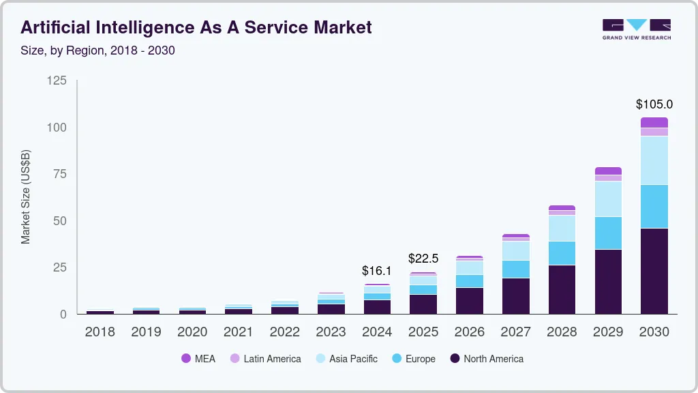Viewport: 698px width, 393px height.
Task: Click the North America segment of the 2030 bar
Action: point(654,271)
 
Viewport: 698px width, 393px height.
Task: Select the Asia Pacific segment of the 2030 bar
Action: point(654,160)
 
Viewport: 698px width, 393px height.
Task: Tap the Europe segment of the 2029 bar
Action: point(608,233)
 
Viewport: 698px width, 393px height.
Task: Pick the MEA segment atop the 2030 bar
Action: point(654,123)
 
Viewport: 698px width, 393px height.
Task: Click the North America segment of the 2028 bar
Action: point(562,289)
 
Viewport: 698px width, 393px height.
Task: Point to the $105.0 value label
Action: point(654,104)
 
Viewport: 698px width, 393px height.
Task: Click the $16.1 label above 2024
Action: point(377,271)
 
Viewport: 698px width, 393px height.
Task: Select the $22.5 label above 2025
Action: point(423,259)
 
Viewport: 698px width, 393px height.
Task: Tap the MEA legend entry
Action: point(198,359)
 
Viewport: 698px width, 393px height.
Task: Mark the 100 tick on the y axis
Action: point(57,128)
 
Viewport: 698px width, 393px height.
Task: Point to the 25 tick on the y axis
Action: point(59,267)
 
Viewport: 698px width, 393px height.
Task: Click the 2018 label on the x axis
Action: point(100,332)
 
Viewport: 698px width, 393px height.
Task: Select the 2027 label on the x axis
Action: point(516,332)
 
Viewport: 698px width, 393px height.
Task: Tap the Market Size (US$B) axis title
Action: point(26,197)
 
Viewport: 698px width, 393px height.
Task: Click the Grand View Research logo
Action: point(637,29)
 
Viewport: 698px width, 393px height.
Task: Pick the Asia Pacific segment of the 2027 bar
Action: point(516,250)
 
